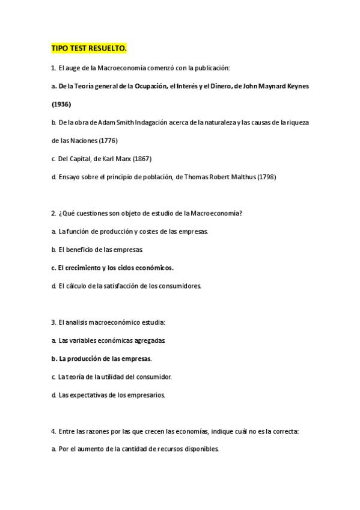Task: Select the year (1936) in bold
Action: click(x=61, y=104)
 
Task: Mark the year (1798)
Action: click(x=267, y=177)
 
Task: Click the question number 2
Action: click(x=53, y=214)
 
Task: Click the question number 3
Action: click(x=53, y=322)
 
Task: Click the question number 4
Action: click(x=53, y=431)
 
